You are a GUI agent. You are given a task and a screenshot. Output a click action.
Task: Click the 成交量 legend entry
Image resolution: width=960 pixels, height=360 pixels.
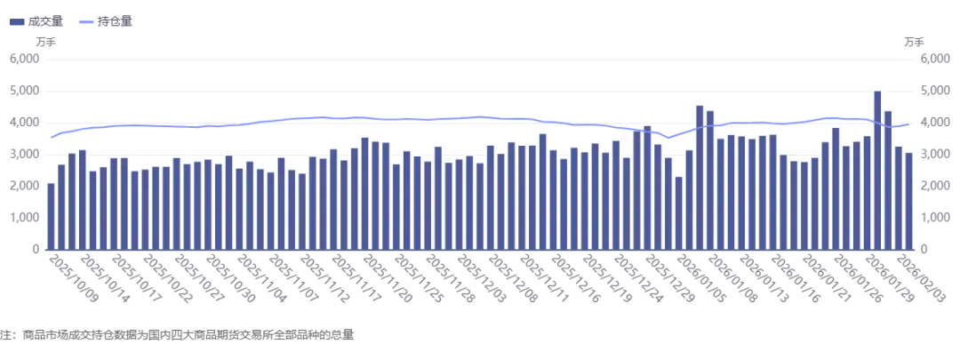click(x=36, y=22)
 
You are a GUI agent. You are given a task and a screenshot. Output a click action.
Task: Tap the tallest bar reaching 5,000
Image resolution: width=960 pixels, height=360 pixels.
click(x=877, y=171)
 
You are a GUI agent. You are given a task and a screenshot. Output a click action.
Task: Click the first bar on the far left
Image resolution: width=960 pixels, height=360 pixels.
click(x=51, y=217)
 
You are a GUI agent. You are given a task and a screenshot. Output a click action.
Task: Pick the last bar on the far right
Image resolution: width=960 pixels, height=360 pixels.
click(x=908, y=202)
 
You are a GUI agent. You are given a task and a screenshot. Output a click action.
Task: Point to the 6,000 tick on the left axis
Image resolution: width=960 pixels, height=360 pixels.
click(x=25, y=60)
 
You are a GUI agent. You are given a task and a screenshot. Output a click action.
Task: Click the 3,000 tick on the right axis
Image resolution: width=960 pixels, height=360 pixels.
click(x=934, y=155)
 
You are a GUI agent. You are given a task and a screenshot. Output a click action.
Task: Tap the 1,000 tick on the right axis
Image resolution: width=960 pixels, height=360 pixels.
click(x=934, y=218)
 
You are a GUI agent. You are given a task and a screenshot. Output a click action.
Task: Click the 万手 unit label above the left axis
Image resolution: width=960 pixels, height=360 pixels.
click(x=46, y=42)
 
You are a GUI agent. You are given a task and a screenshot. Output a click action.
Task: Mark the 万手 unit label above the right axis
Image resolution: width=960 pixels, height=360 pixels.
click(x=914, y=42)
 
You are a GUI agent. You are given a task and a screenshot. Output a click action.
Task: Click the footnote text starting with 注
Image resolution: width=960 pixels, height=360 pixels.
click(x=178, y=335)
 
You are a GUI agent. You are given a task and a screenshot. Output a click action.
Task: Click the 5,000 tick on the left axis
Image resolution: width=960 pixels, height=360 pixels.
click(x=25, y=92)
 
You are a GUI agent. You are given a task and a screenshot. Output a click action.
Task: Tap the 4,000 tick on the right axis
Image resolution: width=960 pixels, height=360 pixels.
click(x=934, y=123)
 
